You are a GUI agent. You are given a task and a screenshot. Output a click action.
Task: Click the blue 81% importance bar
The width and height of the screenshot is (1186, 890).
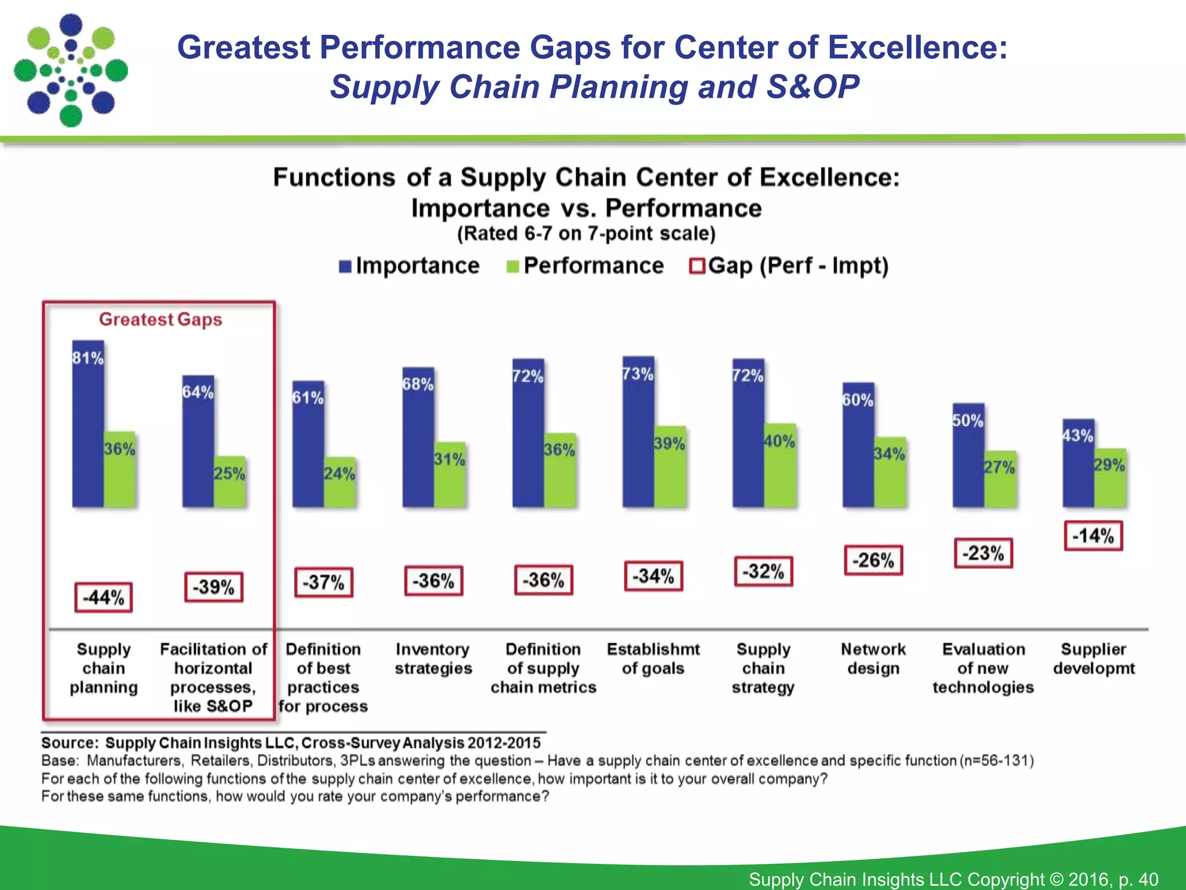point(88,426)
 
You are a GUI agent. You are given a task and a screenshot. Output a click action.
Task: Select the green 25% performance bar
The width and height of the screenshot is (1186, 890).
point(230,483)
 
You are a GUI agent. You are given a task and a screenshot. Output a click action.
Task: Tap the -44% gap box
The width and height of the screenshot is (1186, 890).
point(104,597)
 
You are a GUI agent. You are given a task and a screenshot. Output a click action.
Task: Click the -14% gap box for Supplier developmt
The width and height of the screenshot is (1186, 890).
point(1093,536)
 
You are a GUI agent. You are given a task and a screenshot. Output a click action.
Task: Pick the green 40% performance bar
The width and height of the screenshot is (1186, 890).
point(780,466)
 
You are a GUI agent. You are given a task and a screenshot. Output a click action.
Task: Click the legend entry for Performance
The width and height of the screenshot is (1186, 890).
point(585,266)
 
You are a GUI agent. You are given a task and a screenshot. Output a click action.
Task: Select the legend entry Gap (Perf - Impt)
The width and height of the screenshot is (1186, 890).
point(789,266)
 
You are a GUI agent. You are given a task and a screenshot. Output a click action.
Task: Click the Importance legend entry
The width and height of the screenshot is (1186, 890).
point(409,266)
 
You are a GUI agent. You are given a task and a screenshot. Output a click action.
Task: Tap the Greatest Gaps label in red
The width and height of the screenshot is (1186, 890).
point(160,319)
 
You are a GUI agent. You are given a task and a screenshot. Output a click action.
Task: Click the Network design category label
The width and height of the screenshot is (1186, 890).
point(873,658)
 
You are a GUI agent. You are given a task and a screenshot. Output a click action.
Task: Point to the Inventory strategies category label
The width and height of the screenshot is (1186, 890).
point(433,658)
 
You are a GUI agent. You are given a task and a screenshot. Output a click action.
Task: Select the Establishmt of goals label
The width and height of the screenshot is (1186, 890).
point(653,658)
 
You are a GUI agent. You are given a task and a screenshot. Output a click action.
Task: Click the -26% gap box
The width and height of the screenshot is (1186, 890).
point(873,560)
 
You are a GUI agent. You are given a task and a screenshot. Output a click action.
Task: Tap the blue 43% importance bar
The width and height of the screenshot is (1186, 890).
point(1078,464)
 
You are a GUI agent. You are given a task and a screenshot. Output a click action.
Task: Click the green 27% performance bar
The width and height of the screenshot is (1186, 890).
point(1000,480)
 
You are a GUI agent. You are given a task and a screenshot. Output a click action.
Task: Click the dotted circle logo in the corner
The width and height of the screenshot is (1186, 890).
point(71,70)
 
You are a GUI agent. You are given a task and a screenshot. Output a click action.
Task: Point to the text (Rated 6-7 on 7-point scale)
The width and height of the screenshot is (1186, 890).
point(586,234)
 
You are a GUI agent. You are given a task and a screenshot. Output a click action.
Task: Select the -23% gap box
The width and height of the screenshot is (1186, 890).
point(983,553)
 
